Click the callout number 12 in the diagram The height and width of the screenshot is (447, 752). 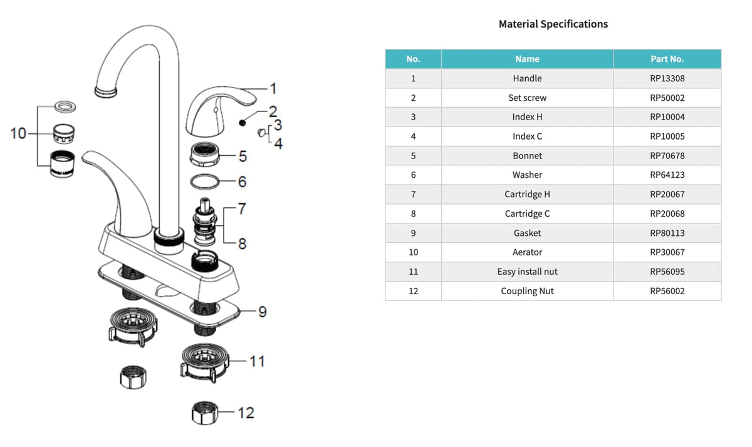246,413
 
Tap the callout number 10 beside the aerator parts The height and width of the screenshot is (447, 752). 18,133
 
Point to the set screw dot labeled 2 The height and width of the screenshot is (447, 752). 242,123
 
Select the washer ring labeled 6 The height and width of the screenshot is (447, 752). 205,182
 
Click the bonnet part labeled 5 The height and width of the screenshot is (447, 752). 204,155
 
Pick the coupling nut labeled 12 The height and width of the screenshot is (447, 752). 205,413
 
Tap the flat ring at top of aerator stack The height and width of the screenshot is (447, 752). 65,107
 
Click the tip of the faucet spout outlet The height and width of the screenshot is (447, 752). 105,91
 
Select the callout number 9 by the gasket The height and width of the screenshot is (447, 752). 263,312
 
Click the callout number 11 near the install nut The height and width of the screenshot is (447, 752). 257,361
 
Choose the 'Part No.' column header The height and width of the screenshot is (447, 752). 667,59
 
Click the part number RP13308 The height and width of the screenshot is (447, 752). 667,78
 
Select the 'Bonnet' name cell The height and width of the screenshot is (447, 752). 527,156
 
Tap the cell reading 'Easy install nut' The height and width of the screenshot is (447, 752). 527,272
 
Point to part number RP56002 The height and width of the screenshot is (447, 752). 667,291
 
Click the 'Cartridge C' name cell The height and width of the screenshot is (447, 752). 527,213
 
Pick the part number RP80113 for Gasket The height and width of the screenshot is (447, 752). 667,233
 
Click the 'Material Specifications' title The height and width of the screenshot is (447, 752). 553,24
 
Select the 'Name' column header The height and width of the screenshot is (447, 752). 527,59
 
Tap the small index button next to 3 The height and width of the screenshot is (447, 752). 261,133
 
